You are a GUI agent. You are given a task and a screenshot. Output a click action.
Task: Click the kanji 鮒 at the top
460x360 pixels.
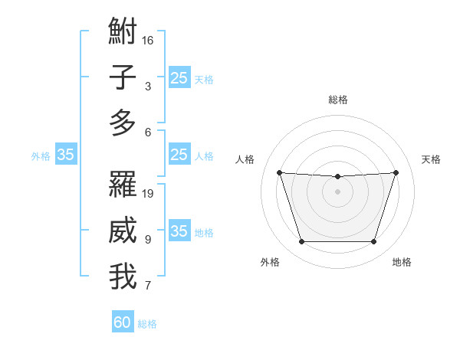pos(123,34)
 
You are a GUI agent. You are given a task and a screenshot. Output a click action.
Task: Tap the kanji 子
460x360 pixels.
pos(123,77)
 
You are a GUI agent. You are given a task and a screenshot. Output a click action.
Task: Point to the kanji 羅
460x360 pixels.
pos(123,184)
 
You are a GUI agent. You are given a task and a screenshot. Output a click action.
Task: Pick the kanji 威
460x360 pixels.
pos(123,231)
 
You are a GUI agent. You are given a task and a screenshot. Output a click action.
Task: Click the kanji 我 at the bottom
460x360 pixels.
pos(123,277)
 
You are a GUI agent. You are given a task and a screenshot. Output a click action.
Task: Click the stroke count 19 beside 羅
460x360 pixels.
pos(149,193)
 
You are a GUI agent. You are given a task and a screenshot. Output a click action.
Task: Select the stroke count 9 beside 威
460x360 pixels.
pos(148,240)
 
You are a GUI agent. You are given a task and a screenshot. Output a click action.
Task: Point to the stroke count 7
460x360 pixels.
pos(148,286)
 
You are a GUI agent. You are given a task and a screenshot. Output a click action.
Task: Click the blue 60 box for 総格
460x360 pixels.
pos(123,322)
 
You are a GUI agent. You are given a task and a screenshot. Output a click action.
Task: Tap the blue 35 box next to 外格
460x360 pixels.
pos(66,155)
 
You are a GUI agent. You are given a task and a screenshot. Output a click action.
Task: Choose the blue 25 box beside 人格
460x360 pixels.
pos(179,155)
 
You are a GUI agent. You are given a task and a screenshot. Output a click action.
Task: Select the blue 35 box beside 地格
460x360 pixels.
pos(179,231)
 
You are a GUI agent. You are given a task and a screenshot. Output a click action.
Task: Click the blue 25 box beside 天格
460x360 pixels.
pos(179,77)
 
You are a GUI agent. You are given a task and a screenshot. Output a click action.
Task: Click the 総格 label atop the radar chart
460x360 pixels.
pos(337,100)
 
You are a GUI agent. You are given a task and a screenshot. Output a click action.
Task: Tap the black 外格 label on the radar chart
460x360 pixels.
pos(270,262)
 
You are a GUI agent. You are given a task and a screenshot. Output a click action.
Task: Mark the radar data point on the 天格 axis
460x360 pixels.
pos(396,172)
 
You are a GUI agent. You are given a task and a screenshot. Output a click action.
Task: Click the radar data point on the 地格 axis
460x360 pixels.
pos(374,242)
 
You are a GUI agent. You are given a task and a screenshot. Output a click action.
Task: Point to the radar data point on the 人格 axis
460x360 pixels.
pos(279,172)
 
